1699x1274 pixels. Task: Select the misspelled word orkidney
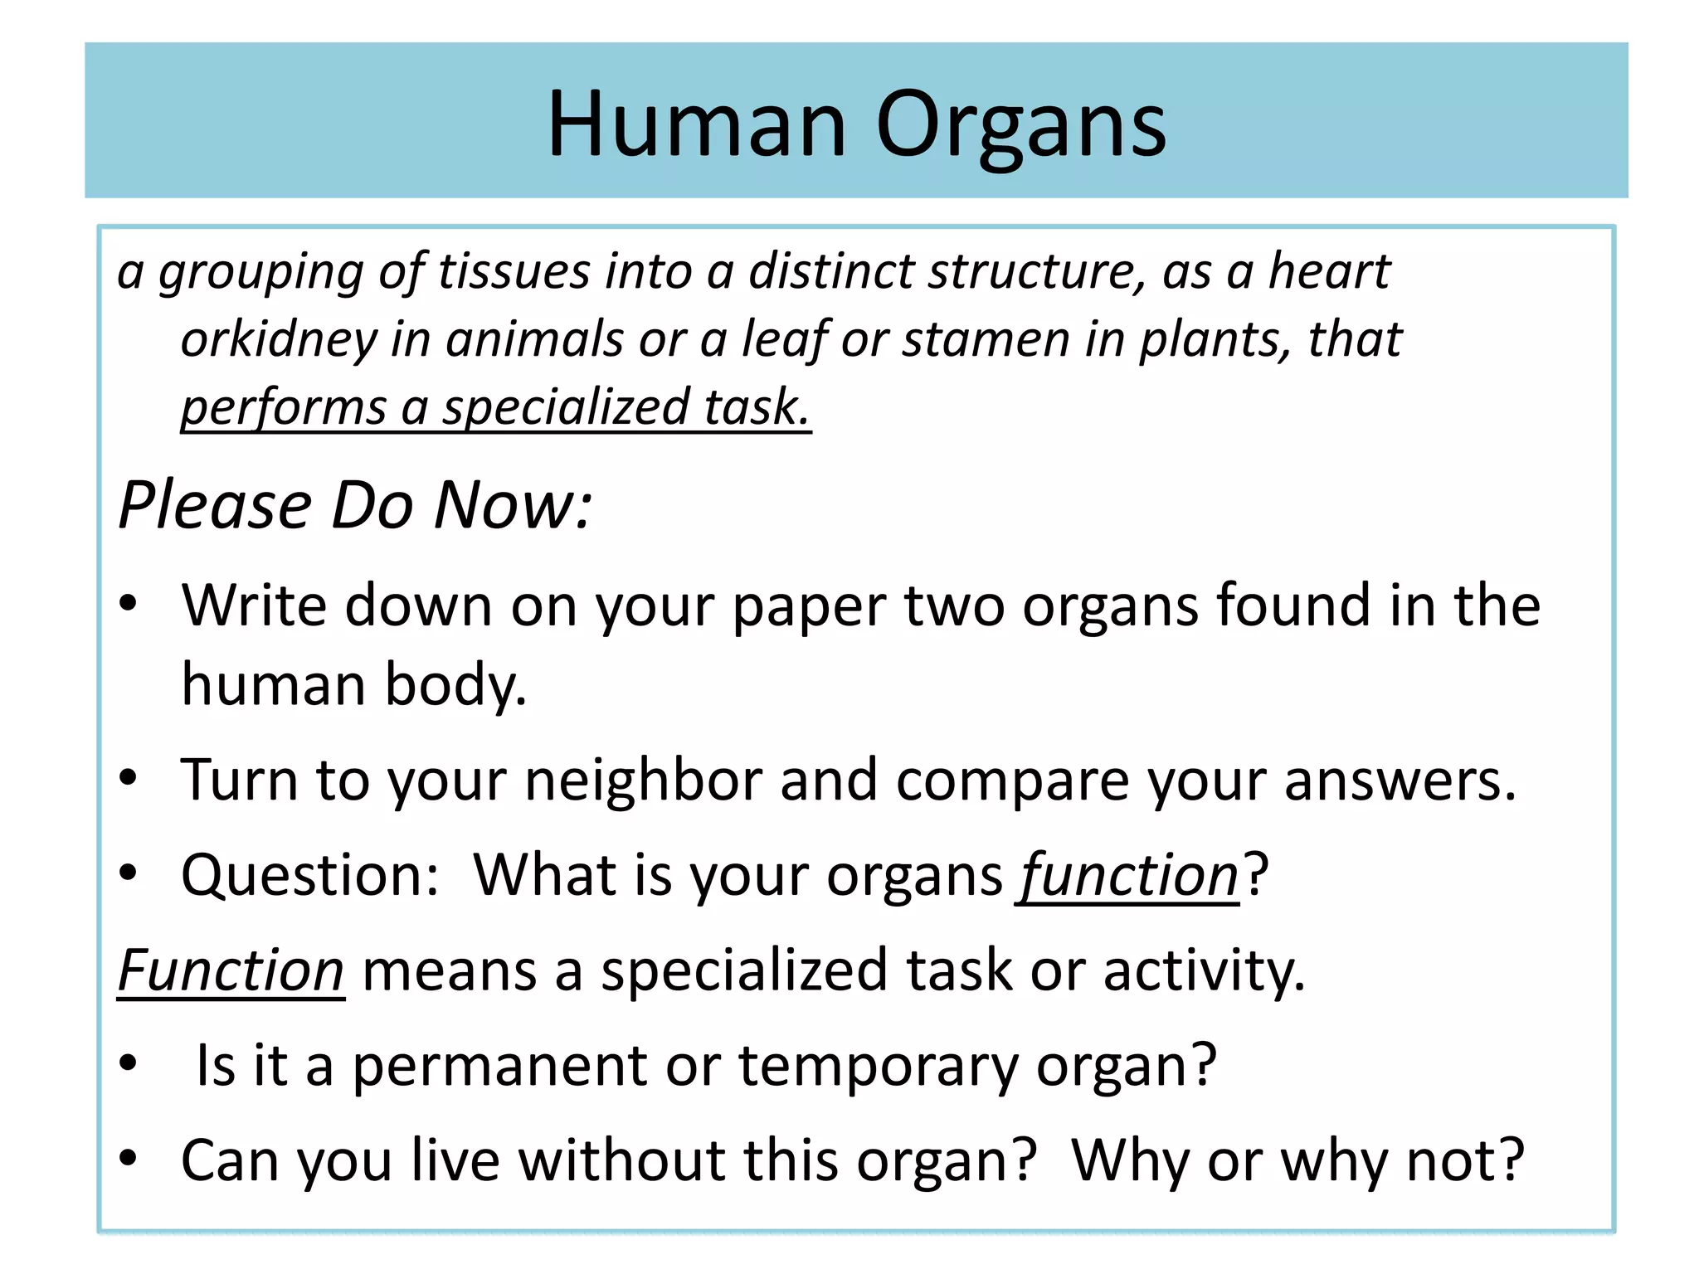279,340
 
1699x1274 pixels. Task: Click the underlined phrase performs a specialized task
495,407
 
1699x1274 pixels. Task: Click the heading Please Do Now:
355,505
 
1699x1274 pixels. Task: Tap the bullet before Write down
128,604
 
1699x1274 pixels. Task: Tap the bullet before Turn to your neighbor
128,778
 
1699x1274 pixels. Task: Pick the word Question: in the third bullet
309,876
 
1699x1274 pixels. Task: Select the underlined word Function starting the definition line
231,970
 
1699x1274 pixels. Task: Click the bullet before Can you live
128,1158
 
